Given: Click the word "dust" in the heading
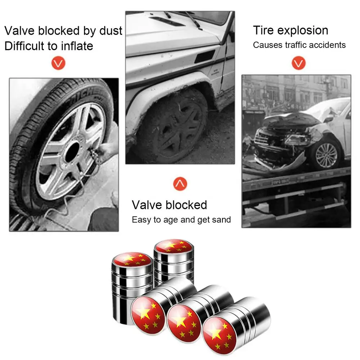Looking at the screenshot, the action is pyautogui.click(x=111, y=31).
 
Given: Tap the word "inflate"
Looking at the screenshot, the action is pyautogui.click(x=77, y=46).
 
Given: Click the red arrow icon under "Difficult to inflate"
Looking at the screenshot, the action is pyautogui.click(x=58, y=63).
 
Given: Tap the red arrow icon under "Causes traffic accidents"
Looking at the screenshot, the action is pyautogui.click(x=298, y=63).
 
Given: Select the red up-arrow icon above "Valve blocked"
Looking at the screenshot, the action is pyautogui.click(x=180, y=184).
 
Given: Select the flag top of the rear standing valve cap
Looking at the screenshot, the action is pyautogui.click(x=174, y=246).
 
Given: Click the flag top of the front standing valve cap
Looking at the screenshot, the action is pyautogui.click(x=132, y=259).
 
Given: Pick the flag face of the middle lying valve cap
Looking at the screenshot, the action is pyautogui.click(x=184, y=323).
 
